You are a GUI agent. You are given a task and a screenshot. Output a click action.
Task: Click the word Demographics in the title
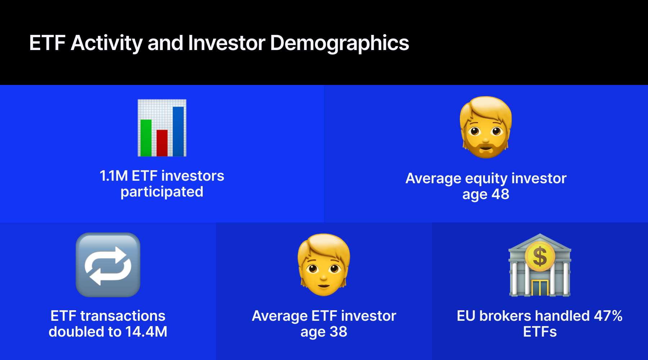pos(339,44)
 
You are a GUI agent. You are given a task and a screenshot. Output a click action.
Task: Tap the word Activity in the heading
pos(107,43)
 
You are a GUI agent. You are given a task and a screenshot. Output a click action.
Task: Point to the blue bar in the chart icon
pos(178,131)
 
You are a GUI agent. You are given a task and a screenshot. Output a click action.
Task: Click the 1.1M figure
pos(113,176)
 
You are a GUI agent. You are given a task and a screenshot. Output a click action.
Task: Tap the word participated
pos(162,192)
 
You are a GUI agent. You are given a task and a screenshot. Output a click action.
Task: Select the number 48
pos(500,194)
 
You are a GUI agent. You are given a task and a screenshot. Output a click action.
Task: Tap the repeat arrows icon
pos(108,265)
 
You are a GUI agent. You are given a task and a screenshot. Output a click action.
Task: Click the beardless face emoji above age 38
pos(324,265)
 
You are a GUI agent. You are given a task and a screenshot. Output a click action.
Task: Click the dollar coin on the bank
pos(540,257)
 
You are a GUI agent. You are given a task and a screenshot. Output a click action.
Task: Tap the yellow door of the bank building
pos(540,288)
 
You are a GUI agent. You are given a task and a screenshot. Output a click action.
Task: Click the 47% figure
pos(608,316)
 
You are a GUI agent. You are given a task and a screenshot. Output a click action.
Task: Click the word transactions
pos(123,316)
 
